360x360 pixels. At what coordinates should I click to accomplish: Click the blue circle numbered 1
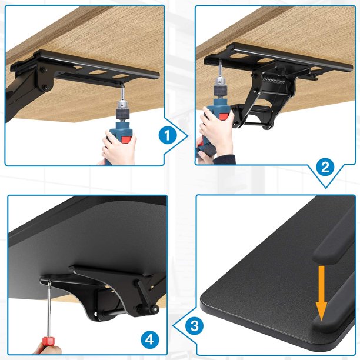pyautogui.click(x=168, y=135)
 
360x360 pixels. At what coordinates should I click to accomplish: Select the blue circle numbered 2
pyautogui.click(x=325, y=167)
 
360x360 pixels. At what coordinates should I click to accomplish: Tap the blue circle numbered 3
pyautogui.click(x=195, y=326)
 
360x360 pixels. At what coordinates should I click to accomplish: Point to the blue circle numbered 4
pyautogui.click(x=149, y=339)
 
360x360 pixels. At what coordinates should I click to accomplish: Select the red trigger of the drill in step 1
pyautogui.click(x=125, y=140)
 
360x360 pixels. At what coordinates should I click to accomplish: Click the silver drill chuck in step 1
pyautogui.click(x=122, y=104)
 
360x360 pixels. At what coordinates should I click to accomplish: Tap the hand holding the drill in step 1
pyautogui.click(x=119, y=147)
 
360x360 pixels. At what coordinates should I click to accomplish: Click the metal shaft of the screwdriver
pyautogui.click(x=49, y=309)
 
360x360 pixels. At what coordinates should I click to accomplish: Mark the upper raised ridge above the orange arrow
pyautogui.click(x=333, y=249)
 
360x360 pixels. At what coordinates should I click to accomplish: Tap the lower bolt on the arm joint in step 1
pyautogui.click(x=45, y=87)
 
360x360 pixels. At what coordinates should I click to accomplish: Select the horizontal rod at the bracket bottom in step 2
pyautogui.click(x=251, y=124)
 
